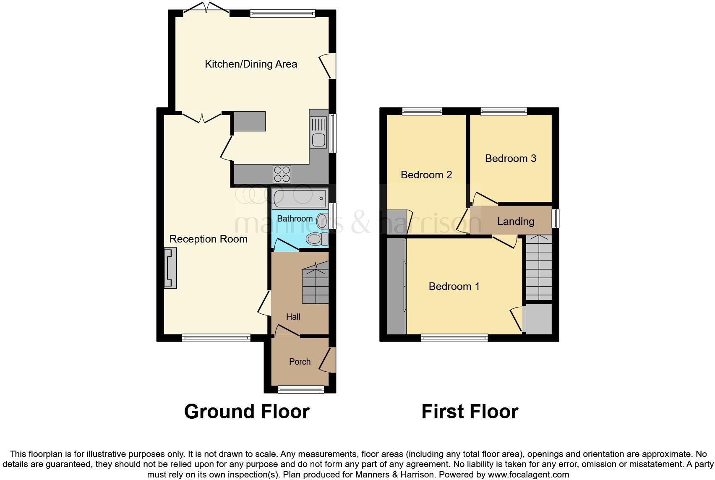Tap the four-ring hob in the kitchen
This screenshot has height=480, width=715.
point(282,174)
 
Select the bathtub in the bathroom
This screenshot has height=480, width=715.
point(299,198)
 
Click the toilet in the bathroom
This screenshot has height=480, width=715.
point(317,240)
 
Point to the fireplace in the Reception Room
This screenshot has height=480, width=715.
point(170,268)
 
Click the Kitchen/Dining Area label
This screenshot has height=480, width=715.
point(251,64)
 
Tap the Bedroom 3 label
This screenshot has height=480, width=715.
point(510,158)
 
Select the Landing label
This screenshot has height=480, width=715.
point(515,221)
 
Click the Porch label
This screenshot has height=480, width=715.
point(300,362)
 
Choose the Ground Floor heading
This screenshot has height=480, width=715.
point(247,412)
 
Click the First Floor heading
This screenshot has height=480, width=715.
point(470,412)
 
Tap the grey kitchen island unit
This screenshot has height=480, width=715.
point(250,121)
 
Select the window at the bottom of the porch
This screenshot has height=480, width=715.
point(301,390)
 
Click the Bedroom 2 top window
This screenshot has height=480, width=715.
point(422,111)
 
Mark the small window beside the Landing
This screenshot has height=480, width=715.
point(556,219)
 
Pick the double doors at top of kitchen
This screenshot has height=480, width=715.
point(206,8)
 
